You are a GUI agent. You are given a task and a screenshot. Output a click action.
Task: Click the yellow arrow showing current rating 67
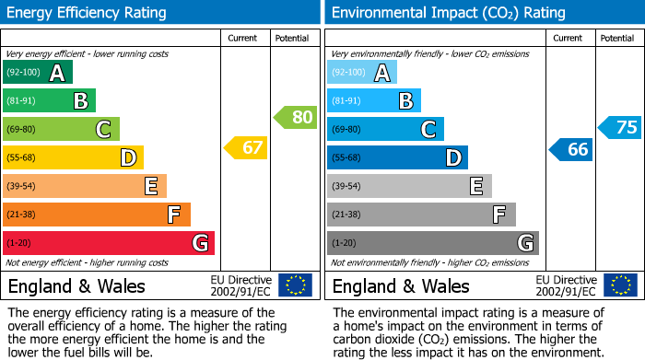coord(246,148)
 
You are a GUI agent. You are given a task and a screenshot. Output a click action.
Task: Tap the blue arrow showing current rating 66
coord(570,149)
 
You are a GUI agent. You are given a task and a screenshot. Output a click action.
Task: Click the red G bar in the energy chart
coord(109,243)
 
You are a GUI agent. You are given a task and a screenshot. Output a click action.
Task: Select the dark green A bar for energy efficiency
coord(38,73)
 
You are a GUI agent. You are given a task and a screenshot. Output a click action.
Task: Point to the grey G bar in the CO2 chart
coord(432,243)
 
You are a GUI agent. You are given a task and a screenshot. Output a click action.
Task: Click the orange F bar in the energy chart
coord(97,215)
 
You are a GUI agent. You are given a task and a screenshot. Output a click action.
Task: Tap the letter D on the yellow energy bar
coord(128,158)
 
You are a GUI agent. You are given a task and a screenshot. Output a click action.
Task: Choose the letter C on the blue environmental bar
coord(428,130)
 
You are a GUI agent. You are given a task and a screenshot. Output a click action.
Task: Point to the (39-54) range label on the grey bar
coord(347,187)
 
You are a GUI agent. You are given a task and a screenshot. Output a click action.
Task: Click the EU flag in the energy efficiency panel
coord(295,285)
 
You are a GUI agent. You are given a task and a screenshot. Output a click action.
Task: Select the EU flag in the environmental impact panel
coord(619,285)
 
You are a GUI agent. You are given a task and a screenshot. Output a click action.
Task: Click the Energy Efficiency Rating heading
coord(88,13)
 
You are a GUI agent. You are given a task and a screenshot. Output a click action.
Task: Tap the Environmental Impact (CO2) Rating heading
coord(448,13)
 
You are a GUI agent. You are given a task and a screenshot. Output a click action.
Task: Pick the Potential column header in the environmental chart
coord(616,38)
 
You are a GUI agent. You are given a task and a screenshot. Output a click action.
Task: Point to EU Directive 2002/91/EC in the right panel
coord(566,285)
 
